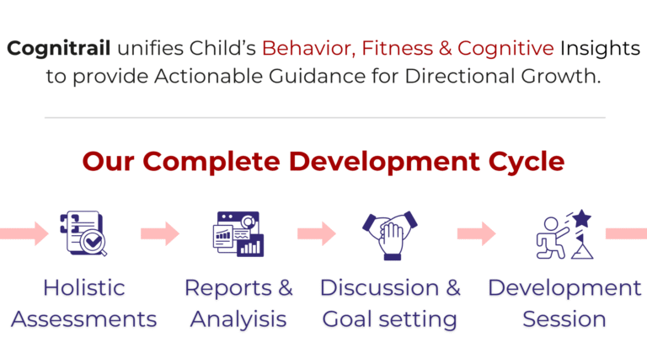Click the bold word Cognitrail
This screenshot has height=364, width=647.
(59, 49)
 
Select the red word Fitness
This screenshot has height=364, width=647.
(398, 48)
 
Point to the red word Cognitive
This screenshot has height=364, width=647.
(505, 49)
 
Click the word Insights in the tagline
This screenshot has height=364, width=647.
(600, 49)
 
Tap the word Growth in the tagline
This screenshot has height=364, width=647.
(561, 76)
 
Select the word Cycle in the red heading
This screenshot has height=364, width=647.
(527, 162)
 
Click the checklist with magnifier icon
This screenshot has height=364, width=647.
(83, 233)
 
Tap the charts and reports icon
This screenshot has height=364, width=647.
(238, 234)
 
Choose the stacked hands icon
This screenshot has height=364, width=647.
(390, 235)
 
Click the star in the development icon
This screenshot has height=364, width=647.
(582, 218)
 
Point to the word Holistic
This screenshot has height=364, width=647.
(84, 287)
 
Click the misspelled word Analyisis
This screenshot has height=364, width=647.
(238, 319)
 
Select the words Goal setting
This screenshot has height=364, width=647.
(389, 319)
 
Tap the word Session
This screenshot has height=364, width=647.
(564, 319)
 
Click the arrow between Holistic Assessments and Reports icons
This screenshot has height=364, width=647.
(160, 233)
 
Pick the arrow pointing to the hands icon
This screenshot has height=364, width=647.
(317, 233)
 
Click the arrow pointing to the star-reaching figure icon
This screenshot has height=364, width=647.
(477, 233)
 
